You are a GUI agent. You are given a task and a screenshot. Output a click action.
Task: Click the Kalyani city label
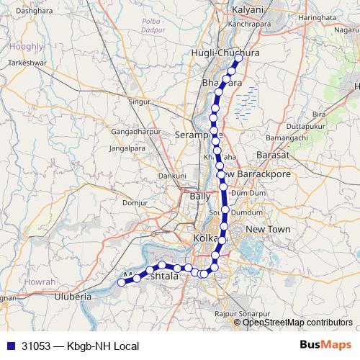pyautogui.click(x=250, y=10)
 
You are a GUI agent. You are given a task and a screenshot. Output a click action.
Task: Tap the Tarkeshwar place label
pyautogui.click(x=28, y=63)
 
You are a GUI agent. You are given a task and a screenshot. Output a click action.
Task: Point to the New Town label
pyautogui.click(x=267, y=228)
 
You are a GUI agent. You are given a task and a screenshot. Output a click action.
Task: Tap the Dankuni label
pyautogui.click(x=173, y=175)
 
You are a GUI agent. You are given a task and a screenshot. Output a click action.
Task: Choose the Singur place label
pyautogui.click(x=140, y=102)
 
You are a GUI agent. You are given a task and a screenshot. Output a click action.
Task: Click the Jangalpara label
pyautogui.click(x=127, y=148)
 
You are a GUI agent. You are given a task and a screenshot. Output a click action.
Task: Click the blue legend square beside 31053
pyautogui.click(x=10, y=345)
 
